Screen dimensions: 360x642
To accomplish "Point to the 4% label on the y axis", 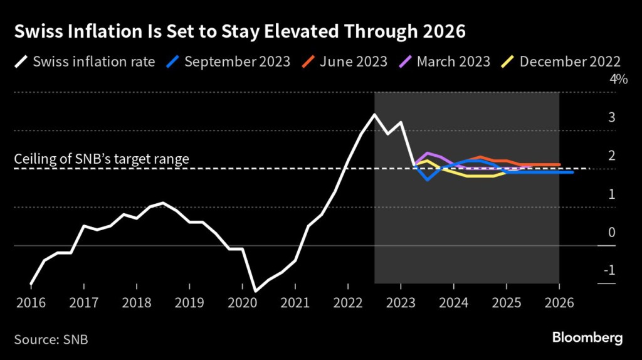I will [619, 80].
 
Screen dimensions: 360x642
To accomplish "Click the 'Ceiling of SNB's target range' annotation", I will [102, 159].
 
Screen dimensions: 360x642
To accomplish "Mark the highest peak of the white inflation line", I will [374, 115].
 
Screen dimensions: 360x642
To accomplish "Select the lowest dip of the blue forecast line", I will [428, 179].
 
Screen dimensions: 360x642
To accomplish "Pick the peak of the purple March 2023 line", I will [428, 153].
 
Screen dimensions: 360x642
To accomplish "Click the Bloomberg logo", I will [587, 338].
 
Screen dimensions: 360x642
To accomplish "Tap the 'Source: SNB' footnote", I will [51, 340].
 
